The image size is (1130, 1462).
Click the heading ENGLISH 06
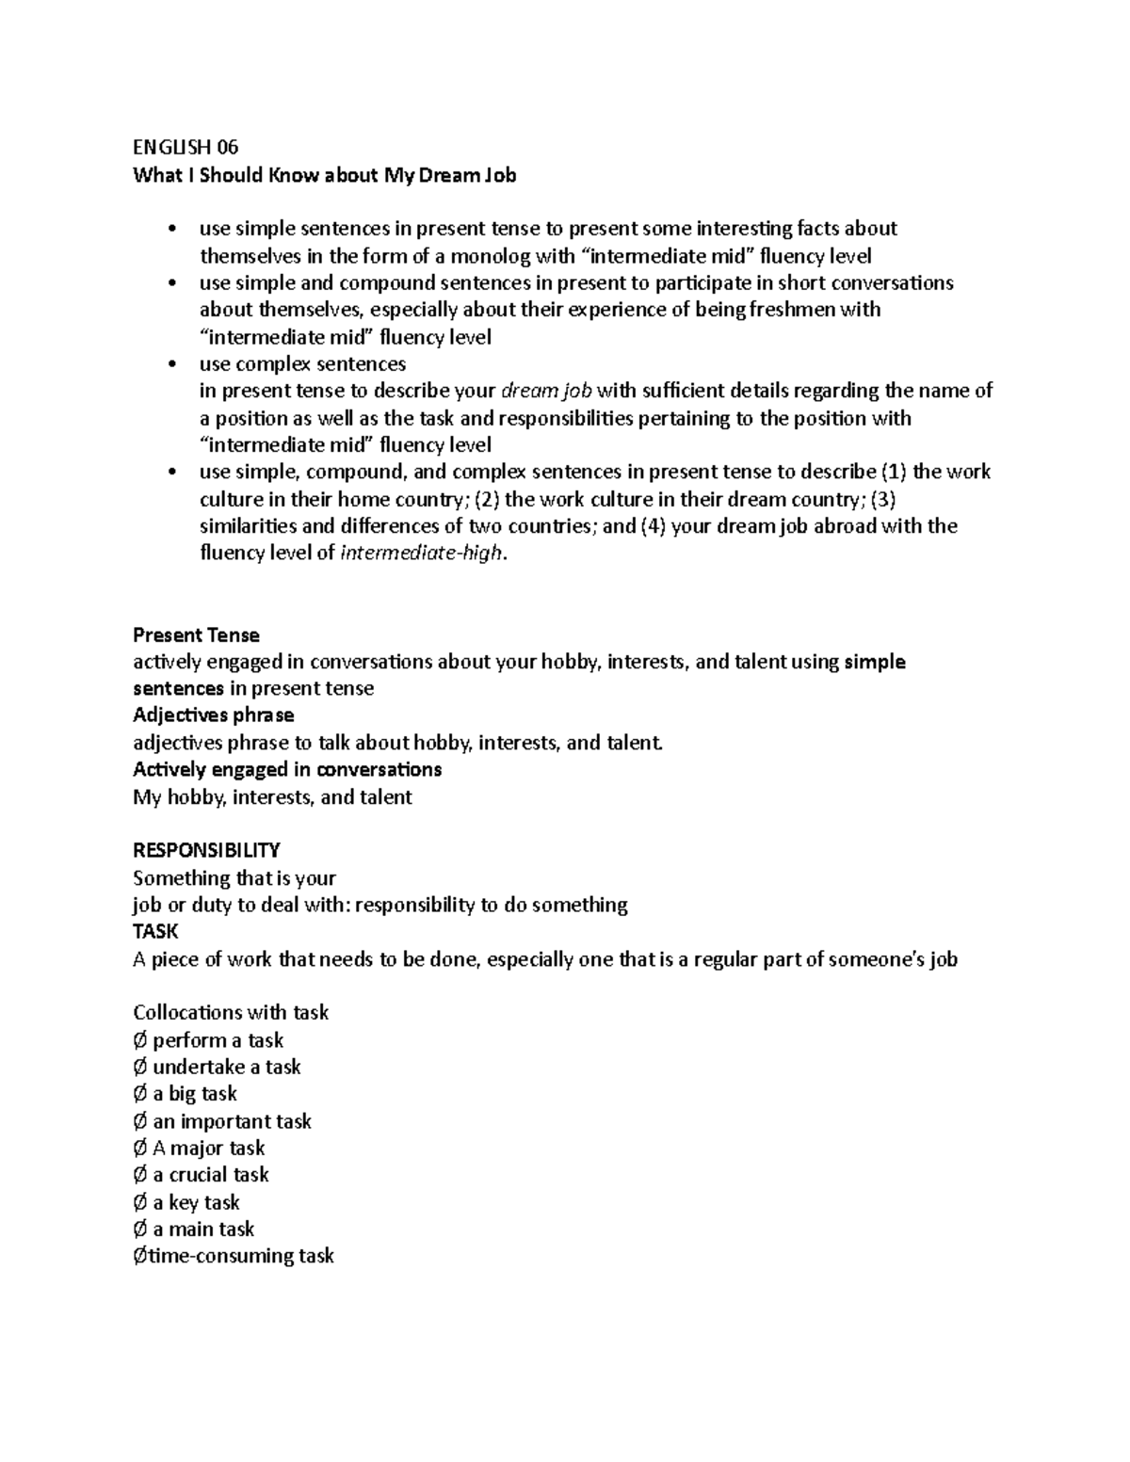[x=186, y=147]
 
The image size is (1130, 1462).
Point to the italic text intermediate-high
[x=422, y=554]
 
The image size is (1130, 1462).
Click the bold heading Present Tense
[x=196, y=635]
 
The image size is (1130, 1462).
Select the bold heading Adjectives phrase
[x=214, y=715]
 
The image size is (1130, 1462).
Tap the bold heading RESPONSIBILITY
[x=206, y=850]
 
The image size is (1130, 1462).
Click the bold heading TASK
[x=155, y=931]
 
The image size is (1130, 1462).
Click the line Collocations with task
[x=231, y=1013]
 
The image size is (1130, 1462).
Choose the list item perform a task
[x=218, y=1040]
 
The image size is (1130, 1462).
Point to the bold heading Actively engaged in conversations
[x=287, y=769]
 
